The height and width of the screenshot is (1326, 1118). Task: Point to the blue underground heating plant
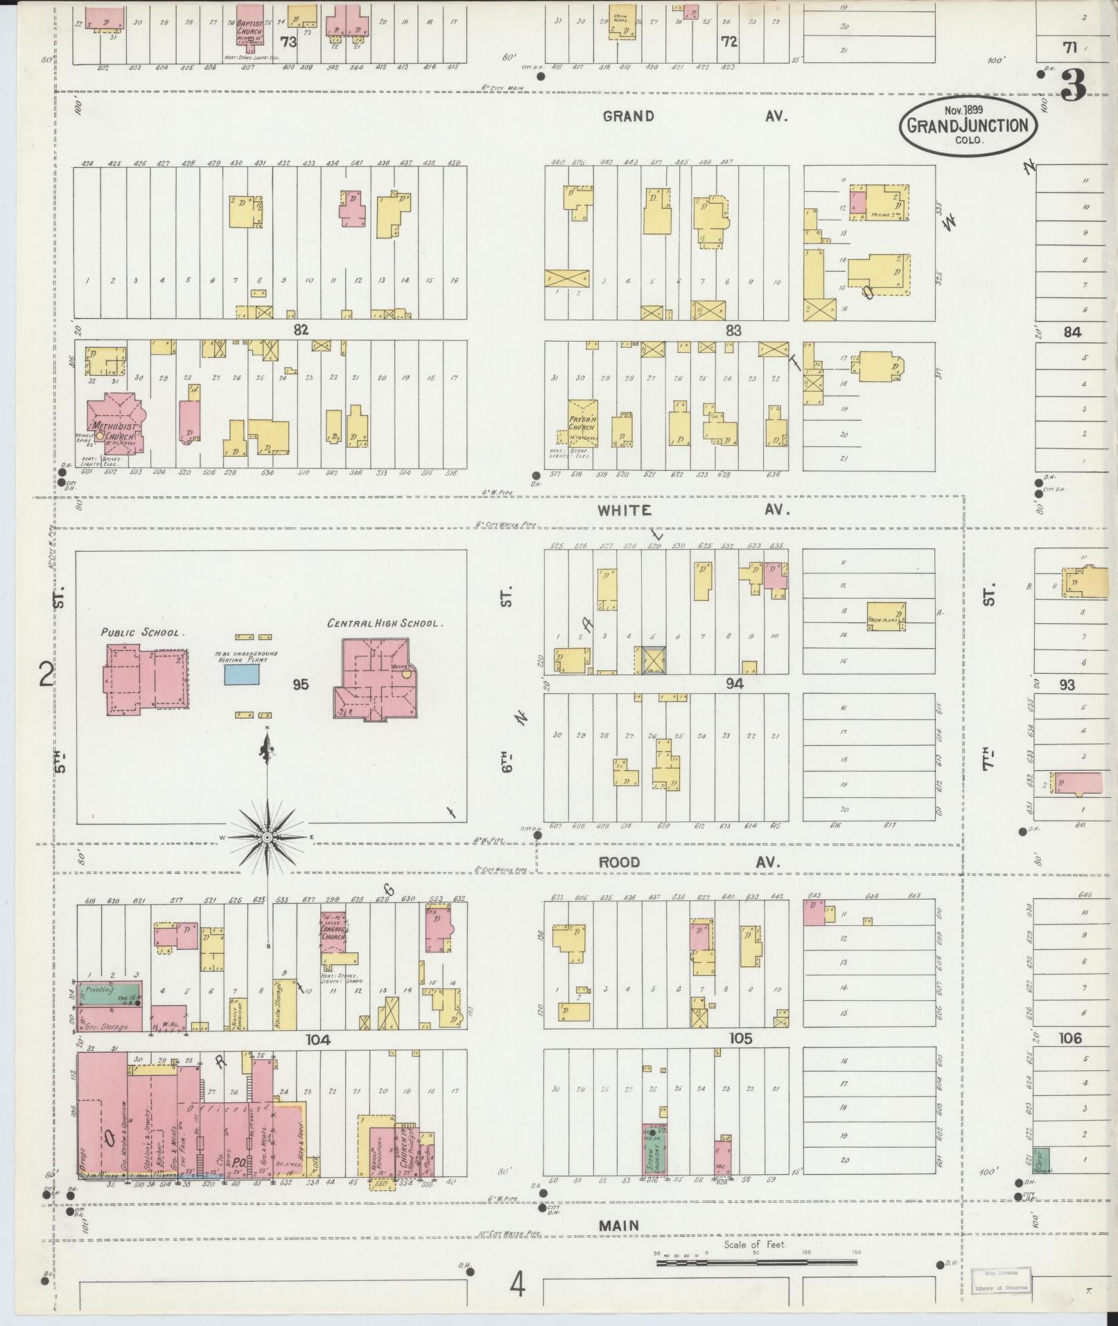[242, 674]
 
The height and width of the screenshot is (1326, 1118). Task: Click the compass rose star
[267, 838]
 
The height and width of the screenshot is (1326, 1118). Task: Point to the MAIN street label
[619, 1225]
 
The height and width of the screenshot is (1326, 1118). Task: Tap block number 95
[300, 685]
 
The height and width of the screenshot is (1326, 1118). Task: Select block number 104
[318, 1040]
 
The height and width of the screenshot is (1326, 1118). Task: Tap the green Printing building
[109, 994]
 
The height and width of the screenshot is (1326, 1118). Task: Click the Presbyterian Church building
[583, 421]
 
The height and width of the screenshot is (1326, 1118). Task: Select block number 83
[733, 331]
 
